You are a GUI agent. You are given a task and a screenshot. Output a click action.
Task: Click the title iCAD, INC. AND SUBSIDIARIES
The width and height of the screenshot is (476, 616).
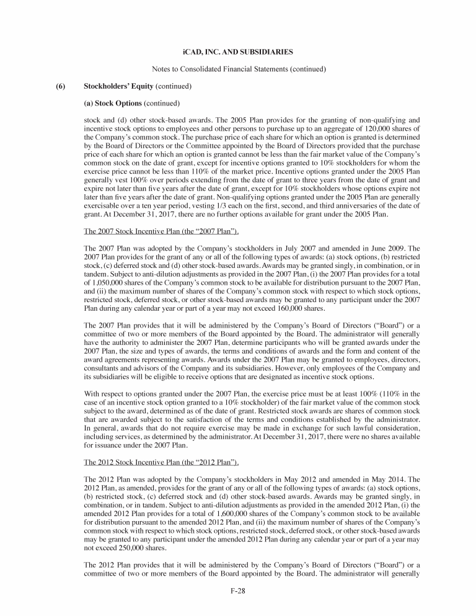click(x=238, y=50)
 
